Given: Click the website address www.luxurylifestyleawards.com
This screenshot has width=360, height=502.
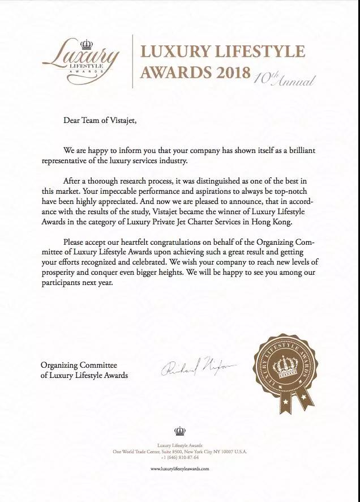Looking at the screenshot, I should click(180, 469).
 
